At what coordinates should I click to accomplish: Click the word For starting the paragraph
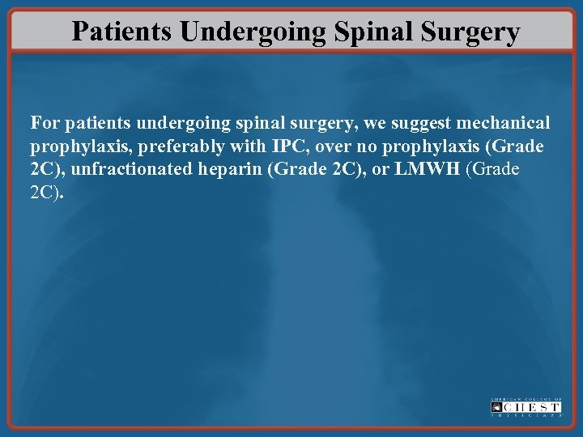(x=45, y=125)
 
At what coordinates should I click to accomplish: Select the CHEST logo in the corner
(x=526, y=407)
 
